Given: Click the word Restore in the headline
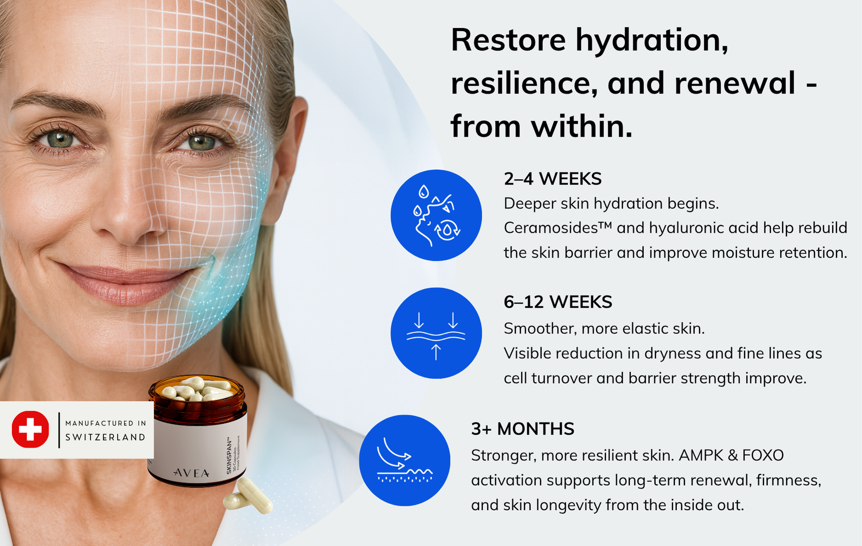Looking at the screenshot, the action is [508, 40].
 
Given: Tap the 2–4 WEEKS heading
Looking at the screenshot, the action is [553, 179].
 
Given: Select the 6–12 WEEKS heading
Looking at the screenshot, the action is [558, 302].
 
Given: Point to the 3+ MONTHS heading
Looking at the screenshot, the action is [523, 429].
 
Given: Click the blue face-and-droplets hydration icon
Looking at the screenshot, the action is [436, 215].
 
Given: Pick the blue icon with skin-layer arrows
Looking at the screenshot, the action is [436, 333].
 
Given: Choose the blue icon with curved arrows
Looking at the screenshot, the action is [405, 460].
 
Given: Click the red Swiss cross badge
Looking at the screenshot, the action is [30, 430].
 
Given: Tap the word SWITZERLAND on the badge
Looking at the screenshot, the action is [105, 437].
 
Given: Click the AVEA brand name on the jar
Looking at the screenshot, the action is [191, 473].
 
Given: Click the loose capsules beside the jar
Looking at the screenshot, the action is [249, 496].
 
